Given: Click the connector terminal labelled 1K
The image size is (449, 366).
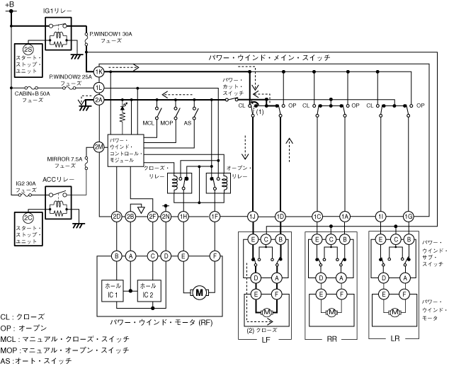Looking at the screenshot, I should coord(99,72).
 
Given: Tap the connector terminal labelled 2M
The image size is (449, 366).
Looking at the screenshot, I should coord(99,147).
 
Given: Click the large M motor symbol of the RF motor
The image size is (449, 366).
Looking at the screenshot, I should coord(199,292).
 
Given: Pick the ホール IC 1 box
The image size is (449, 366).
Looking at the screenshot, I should coord(112,290).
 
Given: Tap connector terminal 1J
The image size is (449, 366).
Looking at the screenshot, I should coord(252,215).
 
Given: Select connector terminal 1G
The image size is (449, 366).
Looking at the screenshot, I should coord(409,215).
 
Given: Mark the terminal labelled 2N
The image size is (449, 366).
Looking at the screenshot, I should coord(166,215).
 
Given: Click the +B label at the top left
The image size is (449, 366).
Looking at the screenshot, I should coord(9,5).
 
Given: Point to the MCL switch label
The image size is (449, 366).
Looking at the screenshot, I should coord(148,122).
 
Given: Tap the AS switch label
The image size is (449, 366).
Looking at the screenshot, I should coord(187,122).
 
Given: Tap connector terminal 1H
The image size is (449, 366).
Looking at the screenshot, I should coord(183,215).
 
